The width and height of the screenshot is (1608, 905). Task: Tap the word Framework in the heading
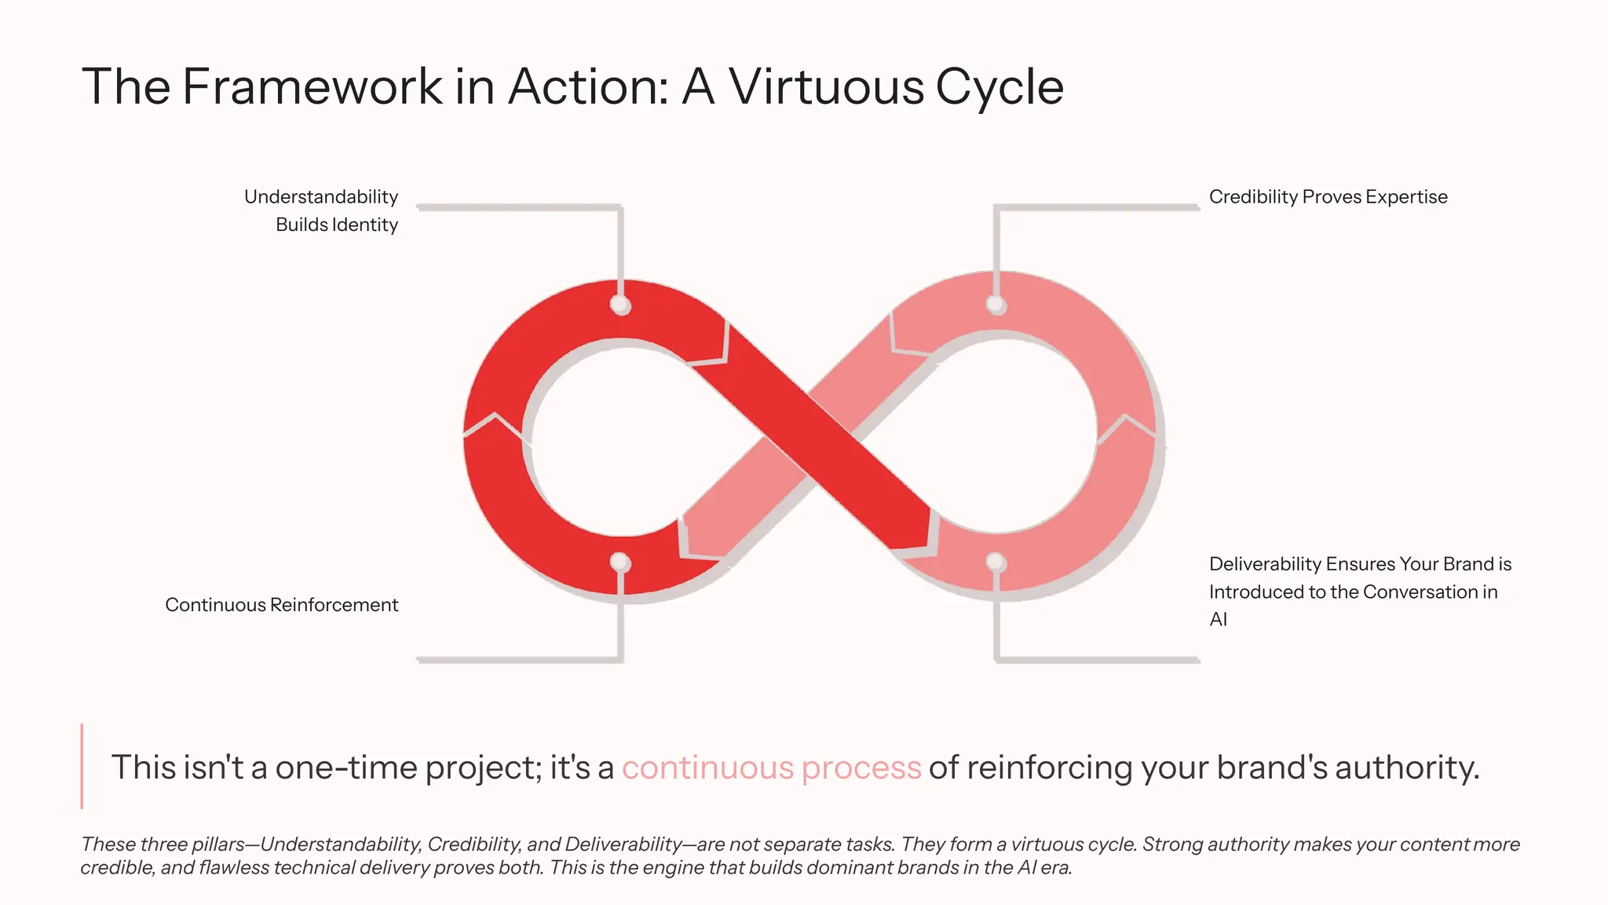(312, 86)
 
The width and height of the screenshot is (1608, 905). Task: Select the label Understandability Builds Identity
(321, 211)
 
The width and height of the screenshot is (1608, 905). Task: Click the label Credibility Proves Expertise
(1328, 197)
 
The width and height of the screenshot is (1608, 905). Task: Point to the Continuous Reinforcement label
(281, 605)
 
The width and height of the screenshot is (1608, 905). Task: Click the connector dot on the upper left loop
(620, 305)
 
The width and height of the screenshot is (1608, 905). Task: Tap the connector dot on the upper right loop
(996, 305)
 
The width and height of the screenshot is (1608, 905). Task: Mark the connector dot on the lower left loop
(620, 562)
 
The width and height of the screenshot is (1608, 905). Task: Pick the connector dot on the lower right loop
(996, 562)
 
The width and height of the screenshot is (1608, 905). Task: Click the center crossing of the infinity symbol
(810, 437)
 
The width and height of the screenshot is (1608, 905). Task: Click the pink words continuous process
(771, 768)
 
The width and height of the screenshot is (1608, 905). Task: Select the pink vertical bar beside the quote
(82, 766)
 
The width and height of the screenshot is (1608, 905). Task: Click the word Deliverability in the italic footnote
(623, 845)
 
